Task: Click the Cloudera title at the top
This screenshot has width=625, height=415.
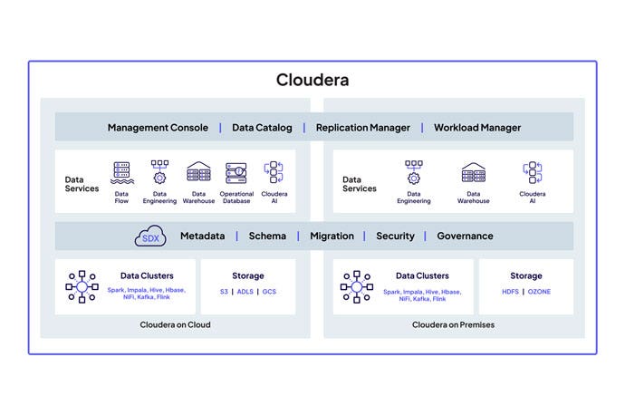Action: coord(312,80)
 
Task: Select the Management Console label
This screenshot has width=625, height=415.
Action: coord(158,128)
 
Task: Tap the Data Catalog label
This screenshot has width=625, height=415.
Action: coord(262,128)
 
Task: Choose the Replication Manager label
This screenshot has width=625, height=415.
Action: coord(362,128)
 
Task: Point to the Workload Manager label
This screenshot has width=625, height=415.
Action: coord(477,128)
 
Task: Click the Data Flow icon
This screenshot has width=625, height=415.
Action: coord(121,172)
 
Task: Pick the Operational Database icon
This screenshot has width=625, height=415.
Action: coord(236,172)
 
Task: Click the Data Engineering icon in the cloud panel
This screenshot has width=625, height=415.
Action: coord(159,172)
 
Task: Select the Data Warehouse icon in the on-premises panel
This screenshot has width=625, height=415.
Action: coord(474,172)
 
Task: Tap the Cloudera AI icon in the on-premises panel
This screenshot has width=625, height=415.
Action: coord(533,172)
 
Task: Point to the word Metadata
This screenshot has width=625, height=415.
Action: coord(202,236)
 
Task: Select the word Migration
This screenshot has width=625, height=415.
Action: coord(332,236)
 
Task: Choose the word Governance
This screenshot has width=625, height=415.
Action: coord(465,236)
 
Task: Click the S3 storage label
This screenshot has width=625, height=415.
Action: coord(224,292)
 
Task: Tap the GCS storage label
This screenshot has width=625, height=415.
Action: coord(269,292)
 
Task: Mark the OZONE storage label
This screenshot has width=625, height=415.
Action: coord(540,292)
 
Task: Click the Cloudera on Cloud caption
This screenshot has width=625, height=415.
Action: coord(176,324)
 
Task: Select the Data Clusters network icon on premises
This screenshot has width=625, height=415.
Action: coord(357,286)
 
